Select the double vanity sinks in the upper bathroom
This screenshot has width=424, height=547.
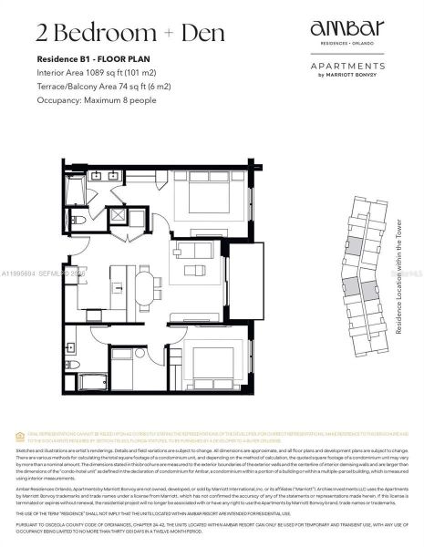(x=105, y=176)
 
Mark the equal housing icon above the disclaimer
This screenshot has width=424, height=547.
(x=36, y=434)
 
